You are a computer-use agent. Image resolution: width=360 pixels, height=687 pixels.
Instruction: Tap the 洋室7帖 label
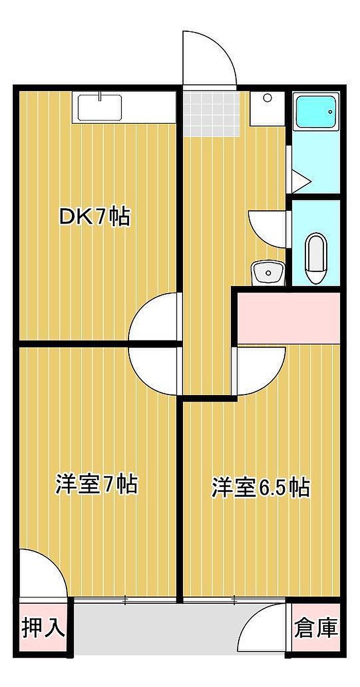pyautogui.click(x=96, y=484)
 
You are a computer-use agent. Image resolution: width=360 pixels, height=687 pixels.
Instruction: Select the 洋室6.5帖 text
pyautogui.click(x=261, y=487)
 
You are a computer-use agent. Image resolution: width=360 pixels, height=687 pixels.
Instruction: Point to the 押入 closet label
pyautogui.click(x=43, y=628)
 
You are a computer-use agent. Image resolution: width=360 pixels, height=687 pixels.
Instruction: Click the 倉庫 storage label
pyautogui.click(x=316, y=628)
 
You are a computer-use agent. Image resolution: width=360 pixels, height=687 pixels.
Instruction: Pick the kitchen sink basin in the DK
pyautogui.click(x=100, y=107)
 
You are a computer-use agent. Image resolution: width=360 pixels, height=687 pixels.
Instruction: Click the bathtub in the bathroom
pyautogui.click(x=315, y=113)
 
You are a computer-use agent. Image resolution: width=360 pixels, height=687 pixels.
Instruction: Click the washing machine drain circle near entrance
pyautogui.click(x=267, y=98)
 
